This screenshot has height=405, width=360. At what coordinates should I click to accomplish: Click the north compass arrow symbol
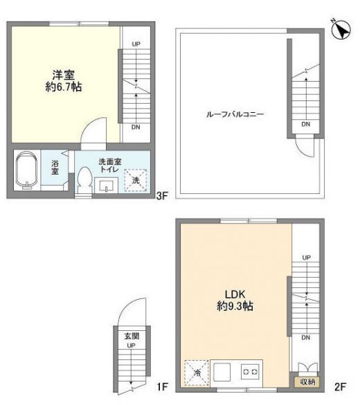(341, 29)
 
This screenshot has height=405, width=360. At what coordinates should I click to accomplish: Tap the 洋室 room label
(64, 75)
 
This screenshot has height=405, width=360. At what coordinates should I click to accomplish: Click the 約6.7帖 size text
(64, 87)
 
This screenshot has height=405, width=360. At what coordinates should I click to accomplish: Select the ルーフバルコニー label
(235, 114)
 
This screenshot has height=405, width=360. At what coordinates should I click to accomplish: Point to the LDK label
(235, 294)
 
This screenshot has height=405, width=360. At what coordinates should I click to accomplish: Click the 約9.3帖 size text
(235, 306)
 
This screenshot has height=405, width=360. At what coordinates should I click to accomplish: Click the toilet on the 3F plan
(84, 180)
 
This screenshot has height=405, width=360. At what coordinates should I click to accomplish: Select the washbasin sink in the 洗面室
(106, 186)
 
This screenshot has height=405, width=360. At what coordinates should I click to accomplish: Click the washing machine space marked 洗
(136, 180)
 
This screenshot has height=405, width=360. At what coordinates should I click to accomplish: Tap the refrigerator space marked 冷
(197, 372)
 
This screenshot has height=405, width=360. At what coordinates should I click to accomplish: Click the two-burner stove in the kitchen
(250, 372)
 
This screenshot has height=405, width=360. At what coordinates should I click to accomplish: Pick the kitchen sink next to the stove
(222, 372)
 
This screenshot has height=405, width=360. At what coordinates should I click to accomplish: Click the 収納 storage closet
(307, 382)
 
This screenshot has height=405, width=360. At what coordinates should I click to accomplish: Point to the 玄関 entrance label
(132, 336)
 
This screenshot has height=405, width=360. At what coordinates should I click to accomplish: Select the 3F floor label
(162, 196)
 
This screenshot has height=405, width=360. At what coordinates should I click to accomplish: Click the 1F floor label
(163, 387)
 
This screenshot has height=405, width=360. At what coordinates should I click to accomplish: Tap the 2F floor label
(340, 387)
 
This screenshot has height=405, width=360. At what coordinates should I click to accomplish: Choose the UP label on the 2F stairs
(306, 258)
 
